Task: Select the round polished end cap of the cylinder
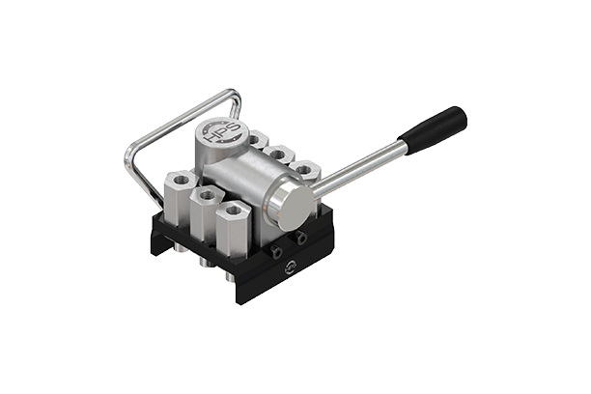(x=290, y=206)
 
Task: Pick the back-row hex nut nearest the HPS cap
(x=255, y=140)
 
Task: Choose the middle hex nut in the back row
(x=280, y=154)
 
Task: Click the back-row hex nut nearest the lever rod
(x=305, y=170)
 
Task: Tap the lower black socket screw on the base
(x=279, y=253)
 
